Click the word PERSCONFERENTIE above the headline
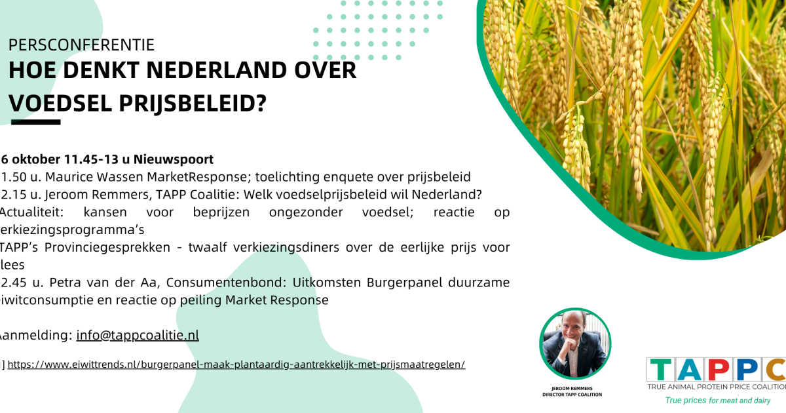pos(81,45)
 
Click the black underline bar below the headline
pos(36,122)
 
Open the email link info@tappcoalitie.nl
pos(138,335)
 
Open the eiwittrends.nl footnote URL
pos(236,364)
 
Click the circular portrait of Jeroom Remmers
pos(574,344)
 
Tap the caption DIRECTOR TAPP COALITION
pos(572,394)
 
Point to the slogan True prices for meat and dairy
pos(717,400)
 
